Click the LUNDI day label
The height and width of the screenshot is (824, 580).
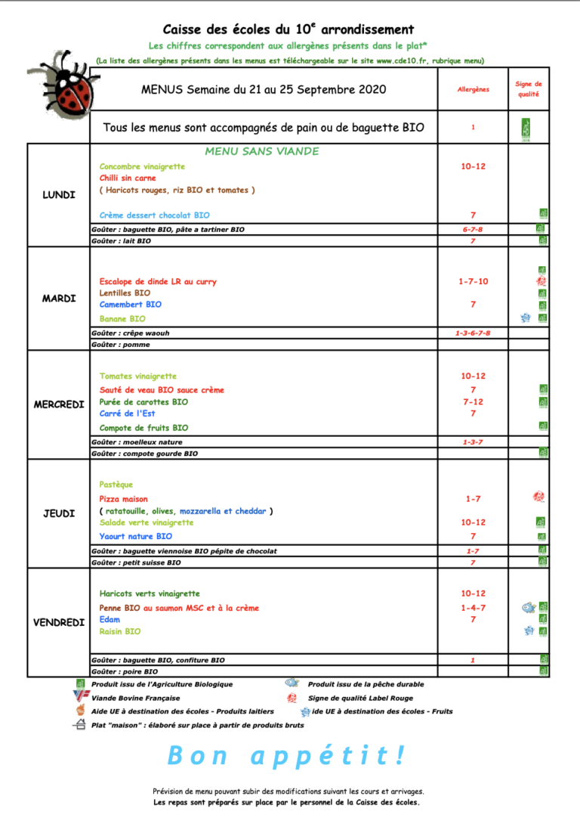59,195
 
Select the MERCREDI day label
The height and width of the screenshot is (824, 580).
59,404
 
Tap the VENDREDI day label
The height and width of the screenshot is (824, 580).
59,623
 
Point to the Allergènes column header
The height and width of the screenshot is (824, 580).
473,89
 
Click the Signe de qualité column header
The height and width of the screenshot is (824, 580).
529,89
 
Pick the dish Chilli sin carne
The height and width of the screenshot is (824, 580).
128,178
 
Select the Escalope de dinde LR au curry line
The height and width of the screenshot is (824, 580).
158,282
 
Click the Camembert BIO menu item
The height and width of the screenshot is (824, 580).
130,305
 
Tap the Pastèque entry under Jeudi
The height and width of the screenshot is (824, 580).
116,485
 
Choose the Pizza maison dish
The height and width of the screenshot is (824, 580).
124,500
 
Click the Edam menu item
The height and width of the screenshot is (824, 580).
110,620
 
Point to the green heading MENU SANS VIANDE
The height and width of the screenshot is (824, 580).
261,151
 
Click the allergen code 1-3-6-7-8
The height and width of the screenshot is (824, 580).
473,333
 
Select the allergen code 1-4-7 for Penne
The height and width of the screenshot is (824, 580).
473,608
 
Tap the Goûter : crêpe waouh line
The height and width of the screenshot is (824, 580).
131,333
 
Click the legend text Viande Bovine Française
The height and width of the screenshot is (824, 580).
136,698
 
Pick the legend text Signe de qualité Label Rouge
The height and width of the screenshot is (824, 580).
360,698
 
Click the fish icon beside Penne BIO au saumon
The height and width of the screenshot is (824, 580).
529,607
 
